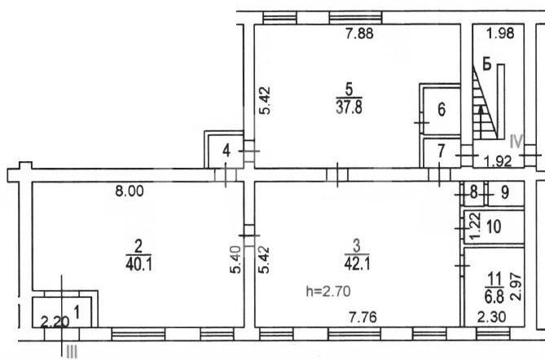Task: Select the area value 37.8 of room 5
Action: click(x=349, y=108)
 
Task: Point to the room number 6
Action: click(x=442, y=110)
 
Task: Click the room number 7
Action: click(x=441, y=151)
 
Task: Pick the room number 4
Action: click(x=226, y=151)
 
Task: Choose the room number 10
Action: click(x=494, y=227)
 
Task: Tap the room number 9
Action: click(x=505, y=192)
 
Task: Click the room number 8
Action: click(x=474, y=192)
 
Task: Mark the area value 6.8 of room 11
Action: click(x=494, y=296)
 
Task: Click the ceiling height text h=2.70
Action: click(x=328, y=292)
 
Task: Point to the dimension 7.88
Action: click(x=360, y=33)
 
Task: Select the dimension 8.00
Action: click(x=130, y=191)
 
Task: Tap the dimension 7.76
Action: click(x=363, y=318)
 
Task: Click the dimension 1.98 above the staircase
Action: click(x=500, y=33)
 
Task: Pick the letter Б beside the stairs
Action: click(x=487, y=64)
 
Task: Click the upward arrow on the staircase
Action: click(x=481, y=122)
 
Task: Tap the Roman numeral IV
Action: click(x=516, y=142)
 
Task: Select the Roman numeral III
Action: click(x=71, y=353)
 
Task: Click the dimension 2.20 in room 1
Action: click(x=55, y=322)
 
